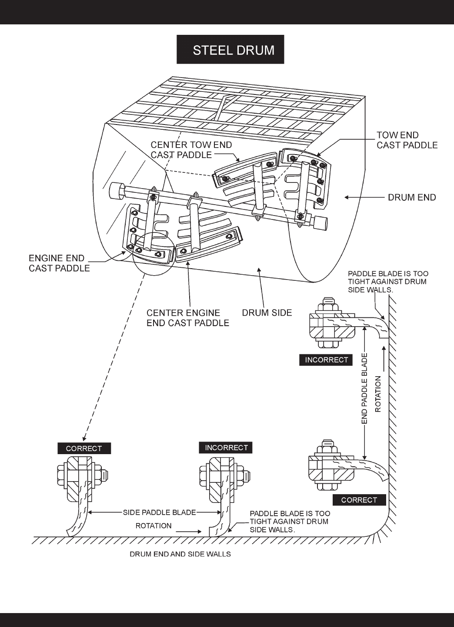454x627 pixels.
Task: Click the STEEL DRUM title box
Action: (x=230, y=49)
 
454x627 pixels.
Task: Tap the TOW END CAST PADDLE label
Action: (x=407, y=140)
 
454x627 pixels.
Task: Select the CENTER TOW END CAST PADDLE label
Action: (x=191, y=150)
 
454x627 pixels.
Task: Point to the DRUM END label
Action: (x=412, y=197)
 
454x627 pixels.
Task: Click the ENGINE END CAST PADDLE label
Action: (x=59, y=263)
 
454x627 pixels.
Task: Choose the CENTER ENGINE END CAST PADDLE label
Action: (x=187, y=318)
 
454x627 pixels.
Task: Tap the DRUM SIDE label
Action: (x=267, y=313)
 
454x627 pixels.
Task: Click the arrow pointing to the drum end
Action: (x=364, y=197)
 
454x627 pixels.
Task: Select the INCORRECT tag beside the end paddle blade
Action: (x=326, y=360)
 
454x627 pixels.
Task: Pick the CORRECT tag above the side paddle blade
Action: (x=84, y=448)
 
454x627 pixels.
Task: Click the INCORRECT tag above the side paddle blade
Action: (x=226, y=448)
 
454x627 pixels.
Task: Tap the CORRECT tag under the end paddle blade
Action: (x=359, y=500)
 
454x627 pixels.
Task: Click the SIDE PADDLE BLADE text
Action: (x=159, y=512)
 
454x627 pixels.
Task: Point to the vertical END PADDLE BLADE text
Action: (x=364, y=388)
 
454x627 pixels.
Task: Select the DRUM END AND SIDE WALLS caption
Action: (x=180, y=554)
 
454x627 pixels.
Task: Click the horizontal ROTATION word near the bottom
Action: (x=154, y=526)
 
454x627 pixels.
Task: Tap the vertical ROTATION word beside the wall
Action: (x=378, y=394)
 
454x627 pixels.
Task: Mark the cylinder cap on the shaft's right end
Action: (x=320, y=222)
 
